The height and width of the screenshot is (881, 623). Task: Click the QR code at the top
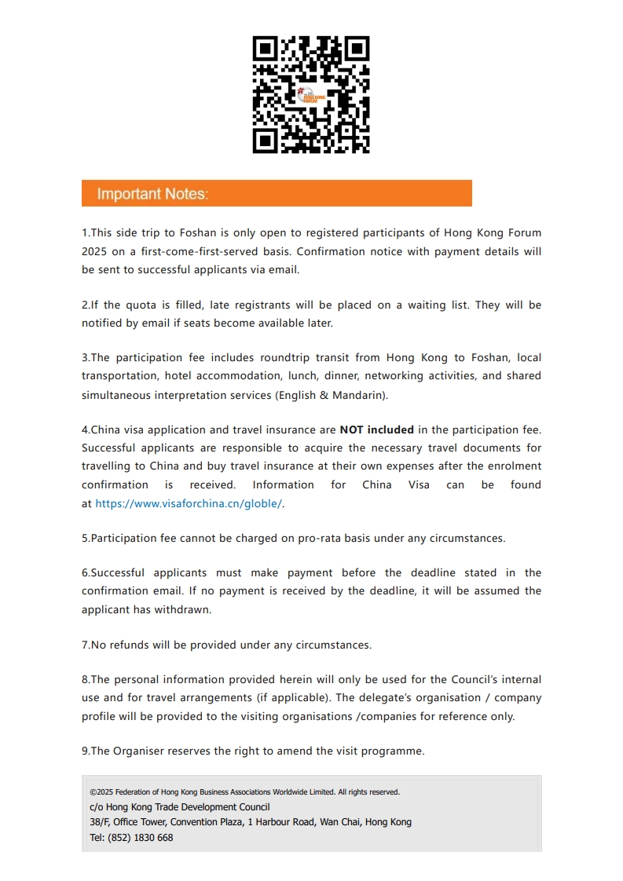(311, 94)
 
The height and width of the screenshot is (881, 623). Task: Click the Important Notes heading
(152, 194)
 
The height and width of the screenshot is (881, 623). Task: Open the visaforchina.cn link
(189, 503)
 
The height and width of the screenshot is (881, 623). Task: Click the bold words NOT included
(376, 430)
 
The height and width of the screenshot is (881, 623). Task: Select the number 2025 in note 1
(96, 251)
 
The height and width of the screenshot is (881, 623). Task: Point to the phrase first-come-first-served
(203, 251)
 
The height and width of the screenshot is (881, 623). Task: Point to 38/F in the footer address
(100, 822)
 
